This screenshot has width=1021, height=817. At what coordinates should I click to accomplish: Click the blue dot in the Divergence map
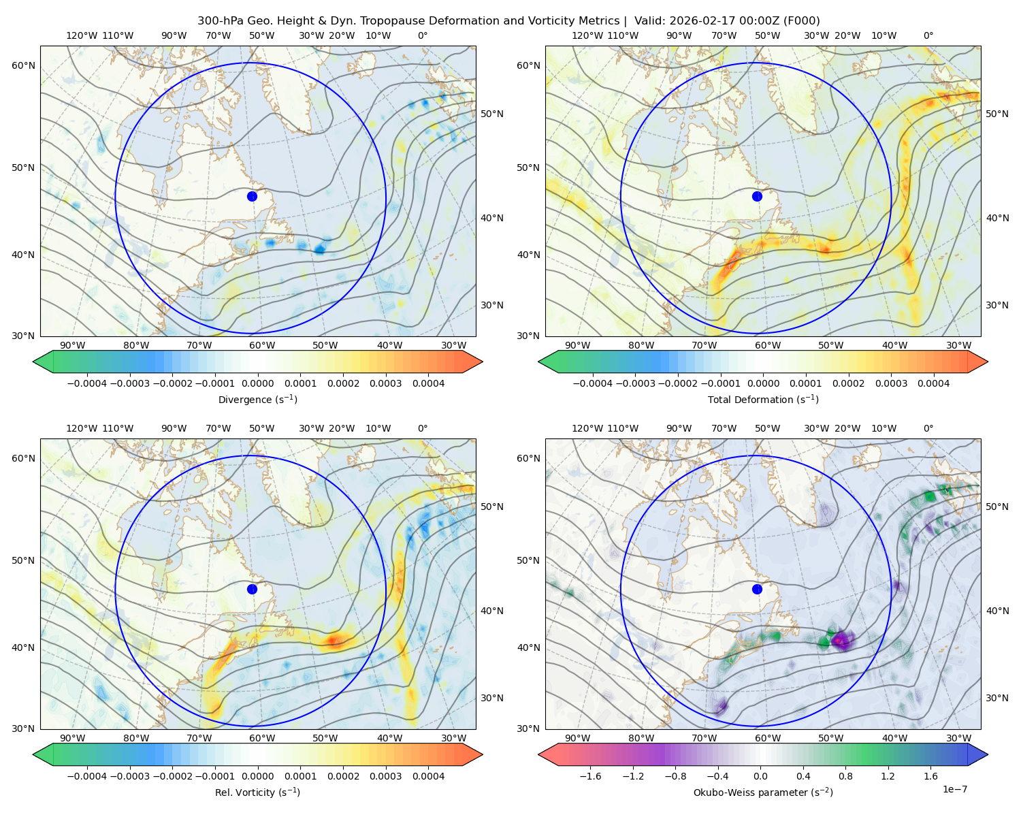pyautogui.click(x=252, y=196)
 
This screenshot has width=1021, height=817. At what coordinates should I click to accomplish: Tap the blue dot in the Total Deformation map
pyautogui.click(x=757, y=196)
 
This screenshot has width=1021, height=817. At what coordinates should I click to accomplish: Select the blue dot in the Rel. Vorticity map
pyautogui.click(x=252, y=589)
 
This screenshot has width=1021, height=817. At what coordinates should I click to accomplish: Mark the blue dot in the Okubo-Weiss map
pyautogui.click(x=757, y=589)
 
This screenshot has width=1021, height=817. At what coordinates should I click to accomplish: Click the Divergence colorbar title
pyautogui.click(x=257, y=399)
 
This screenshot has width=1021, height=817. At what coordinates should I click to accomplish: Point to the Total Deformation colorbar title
pyautogui.click(x=763, y=399)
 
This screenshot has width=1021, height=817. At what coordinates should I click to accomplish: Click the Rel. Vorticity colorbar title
pyautogui.click(x=257, y=792)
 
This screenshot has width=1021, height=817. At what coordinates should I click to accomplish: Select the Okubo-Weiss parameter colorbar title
pyautogui.click(x=763, y=792)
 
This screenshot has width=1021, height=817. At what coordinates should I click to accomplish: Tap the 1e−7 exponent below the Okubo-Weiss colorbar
pyautogui.click(x=954, y=789)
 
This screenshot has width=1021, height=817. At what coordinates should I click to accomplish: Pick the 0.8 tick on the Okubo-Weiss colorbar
pyautogui.click(x=845, y=775)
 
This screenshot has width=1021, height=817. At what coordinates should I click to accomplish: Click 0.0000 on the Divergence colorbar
pyautogui.click(x=257, y=383)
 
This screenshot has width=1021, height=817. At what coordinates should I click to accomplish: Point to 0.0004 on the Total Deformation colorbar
pyautogui.click(x=933, y=383)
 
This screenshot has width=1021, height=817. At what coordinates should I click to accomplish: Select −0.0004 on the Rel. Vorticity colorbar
pyautogui.click(x=87, y=775)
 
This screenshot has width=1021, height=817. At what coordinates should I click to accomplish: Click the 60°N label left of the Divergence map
pyautogui.click(x=23, y=65)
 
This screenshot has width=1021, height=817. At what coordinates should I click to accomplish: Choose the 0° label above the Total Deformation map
pyautogui.click(x=928, y=35)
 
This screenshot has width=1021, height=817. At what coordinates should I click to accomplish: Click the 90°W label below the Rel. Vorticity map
pyautogui.click(x=73, y=738)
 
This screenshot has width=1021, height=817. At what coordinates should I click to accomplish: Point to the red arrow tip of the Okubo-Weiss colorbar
pyautogui.click(x=540, y=754)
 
